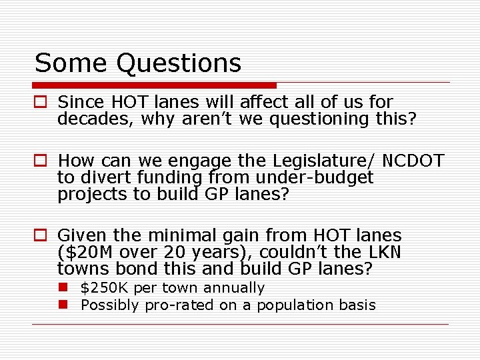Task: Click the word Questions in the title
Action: coord(178,64)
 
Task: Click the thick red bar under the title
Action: coord(154,85)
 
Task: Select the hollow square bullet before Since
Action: coord(41,103)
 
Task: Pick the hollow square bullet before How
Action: coord(41,161)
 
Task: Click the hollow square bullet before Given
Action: coord(41,236)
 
